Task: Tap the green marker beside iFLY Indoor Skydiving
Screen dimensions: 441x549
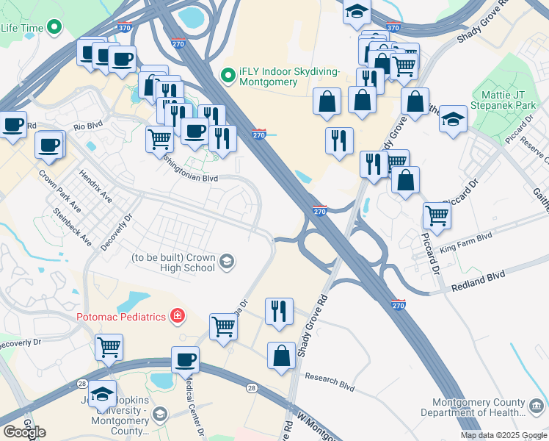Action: click(228, 75)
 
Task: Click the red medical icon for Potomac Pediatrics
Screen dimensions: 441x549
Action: click(176, 317)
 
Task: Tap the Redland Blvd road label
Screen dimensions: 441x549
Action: click(478, 276)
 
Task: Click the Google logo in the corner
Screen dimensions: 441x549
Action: click(24, 432)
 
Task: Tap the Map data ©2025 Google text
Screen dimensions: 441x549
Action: click(503, 435)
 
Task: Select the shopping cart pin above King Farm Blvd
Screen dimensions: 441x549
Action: click(437, 216)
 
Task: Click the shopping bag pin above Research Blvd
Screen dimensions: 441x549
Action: click(281, 356)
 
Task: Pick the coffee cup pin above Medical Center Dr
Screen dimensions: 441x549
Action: click(185, 360)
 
